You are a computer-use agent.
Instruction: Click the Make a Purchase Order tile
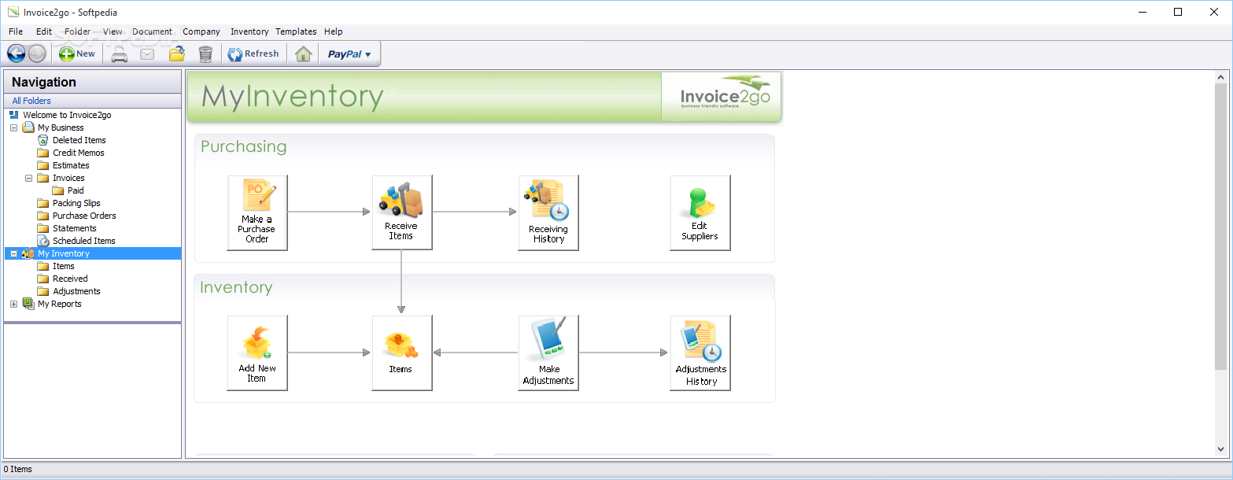point(257,212)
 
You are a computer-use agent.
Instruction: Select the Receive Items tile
point(402,212)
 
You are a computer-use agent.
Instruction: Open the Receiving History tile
point(548,212)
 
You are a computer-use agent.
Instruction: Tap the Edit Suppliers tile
point(700,212)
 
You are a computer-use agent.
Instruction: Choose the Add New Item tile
point(257,353)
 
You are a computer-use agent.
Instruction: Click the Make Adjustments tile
point(548,353)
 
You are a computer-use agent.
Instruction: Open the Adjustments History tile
point(700,353)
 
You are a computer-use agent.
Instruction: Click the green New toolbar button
point(77,54)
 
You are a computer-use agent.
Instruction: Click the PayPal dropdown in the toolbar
point(349,54)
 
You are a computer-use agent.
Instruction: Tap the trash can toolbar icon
point(205,54)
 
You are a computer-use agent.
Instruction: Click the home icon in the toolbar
point(303,54)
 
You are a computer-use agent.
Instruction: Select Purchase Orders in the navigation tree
point(84,216)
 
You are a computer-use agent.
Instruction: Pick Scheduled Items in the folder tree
point(83,241)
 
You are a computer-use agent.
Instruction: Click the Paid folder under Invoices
point(76,190)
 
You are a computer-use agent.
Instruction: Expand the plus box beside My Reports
point(13,304)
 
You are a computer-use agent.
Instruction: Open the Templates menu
point(296,31)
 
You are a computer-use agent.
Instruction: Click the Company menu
point(201,31)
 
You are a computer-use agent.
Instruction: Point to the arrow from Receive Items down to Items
point(401,282)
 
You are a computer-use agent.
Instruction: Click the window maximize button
point(1178,12)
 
